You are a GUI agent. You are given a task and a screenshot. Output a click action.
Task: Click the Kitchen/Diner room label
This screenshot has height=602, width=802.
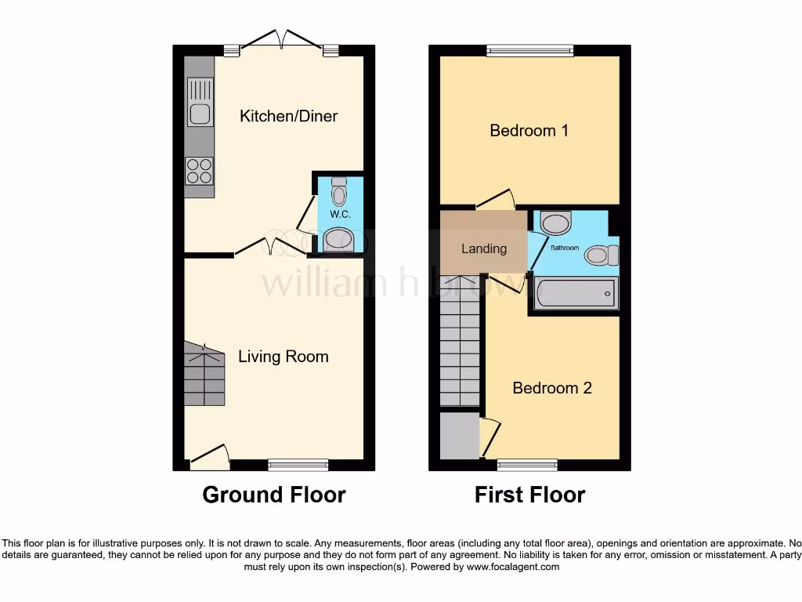[288, 116]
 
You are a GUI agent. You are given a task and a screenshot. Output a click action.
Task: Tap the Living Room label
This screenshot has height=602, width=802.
[283, 357]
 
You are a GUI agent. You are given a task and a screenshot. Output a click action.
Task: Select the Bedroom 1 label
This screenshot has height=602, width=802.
[529, 130]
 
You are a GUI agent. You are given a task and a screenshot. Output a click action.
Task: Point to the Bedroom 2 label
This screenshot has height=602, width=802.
[551, 388]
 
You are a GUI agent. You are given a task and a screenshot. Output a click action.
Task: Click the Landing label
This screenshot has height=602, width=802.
[483, 248]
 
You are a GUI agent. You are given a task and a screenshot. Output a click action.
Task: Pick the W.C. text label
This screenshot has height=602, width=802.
[339, 214]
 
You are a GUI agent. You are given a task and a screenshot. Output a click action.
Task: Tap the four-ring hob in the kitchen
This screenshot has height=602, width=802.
[199, 170]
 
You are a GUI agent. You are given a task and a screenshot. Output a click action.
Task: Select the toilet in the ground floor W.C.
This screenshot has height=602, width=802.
[339, 191]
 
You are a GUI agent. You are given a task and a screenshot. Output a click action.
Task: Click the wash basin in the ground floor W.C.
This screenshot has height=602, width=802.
[339, 240]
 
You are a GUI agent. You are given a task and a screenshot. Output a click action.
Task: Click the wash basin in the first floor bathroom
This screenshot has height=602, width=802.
[557, 223]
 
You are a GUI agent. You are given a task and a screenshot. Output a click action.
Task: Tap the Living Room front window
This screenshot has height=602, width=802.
[298, 465]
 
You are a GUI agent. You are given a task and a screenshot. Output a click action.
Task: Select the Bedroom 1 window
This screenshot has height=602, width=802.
[529, 51]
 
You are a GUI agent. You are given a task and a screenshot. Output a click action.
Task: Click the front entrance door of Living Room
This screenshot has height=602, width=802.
[209, 458]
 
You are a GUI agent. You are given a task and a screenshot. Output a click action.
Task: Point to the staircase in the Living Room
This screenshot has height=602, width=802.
[204, 376]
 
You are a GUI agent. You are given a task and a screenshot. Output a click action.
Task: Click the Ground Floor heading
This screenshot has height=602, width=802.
[274, 495]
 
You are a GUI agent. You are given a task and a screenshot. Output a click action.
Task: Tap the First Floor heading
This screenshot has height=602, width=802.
[529, 495]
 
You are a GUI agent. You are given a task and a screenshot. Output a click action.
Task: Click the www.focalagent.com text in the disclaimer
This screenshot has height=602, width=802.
[513, 567]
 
